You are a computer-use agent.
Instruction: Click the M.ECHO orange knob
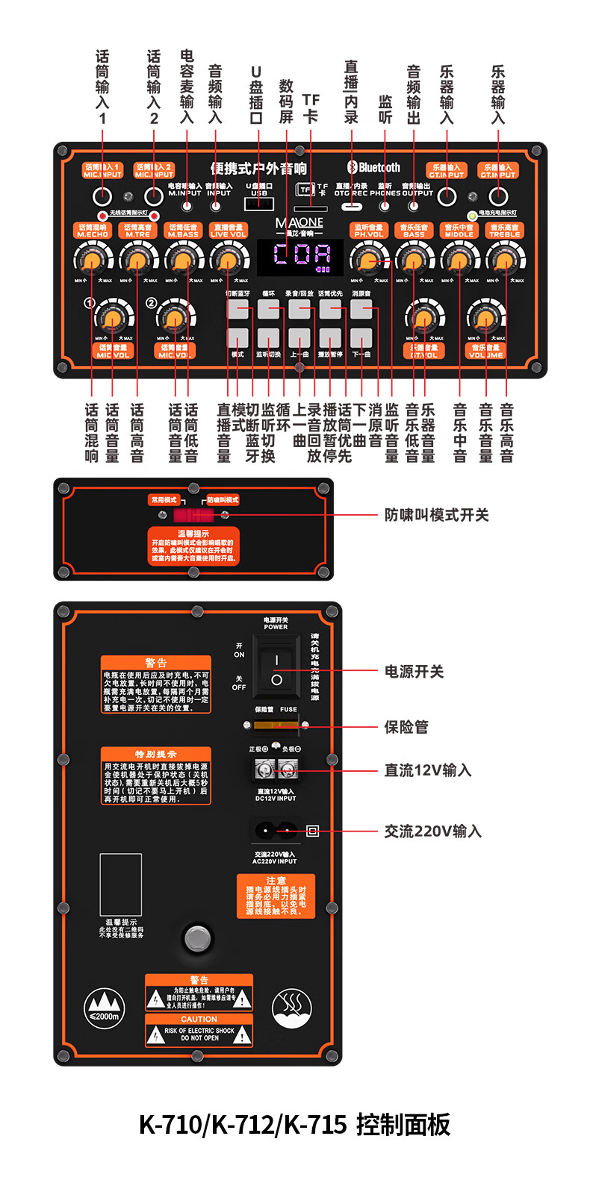[x=92, y=260]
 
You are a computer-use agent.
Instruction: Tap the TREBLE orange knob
[x=505, y=260]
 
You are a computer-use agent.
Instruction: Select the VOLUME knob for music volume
[x=486, y=320]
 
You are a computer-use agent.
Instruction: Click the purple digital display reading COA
[x=301, y=256]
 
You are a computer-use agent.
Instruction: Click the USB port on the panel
[x=259, y=204]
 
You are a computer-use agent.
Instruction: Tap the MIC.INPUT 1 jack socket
[x=102, y=197]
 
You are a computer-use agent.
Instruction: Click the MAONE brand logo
[x=299, y=223]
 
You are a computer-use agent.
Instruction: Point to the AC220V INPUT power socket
[x=273, y=830]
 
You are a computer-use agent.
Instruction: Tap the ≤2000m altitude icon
[x=104, y=1008]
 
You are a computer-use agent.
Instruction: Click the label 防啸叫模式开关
[x=436, y=515]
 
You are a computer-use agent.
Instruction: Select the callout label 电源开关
[x=414, y=672]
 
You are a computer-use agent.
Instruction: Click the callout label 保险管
[x=406, y=727]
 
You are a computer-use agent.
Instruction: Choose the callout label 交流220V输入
[x=432, y=831]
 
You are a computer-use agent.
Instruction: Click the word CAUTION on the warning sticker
[x=199, y=1019]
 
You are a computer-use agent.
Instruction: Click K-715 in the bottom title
[x=315, y=1124]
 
